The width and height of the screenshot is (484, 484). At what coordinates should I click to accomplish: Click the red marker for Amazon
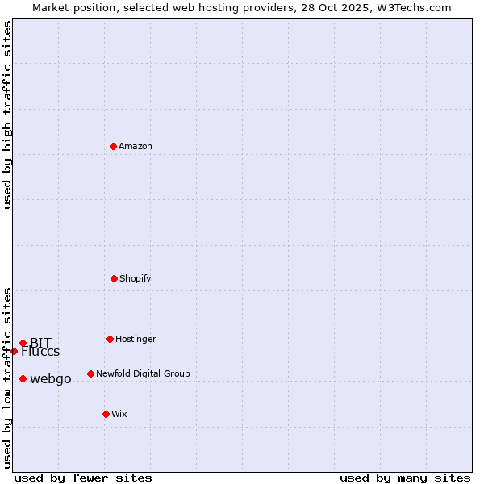(x=113, y=146)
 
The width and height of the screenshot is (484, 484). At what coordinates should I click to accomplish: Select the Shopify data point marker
(x=114, y=278)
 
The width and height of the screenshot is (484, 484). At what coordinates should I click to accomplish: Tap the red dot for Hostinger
(x=110, y=339)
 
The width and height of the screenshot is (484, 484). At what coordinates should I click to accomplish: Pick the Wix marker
(x=106, y=414)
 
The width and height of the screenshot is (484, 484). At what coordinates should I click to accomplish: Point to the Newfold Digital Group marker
(x=90, y=373)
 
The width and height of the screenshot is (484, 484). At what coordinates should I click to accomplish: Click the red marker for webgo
(x=23, y=378)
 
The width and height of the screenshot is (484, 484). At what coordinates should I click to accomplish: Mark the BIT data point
(x=23, y=343)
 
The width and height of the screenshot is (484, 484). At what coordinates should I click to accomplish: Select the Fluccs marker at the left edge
(x=14, y=351)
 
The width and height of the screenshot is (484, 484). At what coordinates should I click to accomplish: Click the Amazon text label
(x=136, y=146)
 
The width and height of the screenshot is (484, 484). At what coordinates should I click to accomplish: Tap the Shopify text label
(x=136, y=278)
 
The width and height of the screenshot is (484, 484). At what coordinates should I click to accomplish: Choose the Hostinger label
(x=136, y=339)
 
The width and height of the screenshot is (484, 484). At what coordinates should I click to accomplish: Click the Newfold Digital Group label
(x=143, y=373)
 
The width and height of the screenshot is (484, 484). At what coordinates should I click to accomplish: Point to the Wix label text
(x=119, y=414)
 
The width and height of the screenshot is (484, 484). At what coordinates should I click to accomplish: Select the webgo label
(x=51, y=379)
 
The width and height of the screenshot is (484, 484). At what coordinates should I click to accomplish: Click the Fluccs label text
(x=40, y=352)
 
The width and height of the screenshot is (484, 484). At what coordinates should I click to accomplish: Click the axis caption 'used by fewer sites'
(x=83, y=478)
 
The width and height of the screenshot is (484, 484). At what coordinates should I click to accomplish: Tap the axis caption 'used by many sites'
(x=405, y=478)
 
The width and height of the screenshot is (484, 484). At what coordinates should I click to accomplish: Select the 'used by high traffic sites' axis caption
(x=7, y=115)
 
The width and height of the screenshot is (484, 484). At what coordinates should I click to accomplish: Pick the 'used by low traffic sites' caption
(x=7, y=378)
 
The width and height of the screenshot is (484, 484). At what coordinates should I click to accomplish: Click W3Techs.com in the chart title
(x=408, y=8)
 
